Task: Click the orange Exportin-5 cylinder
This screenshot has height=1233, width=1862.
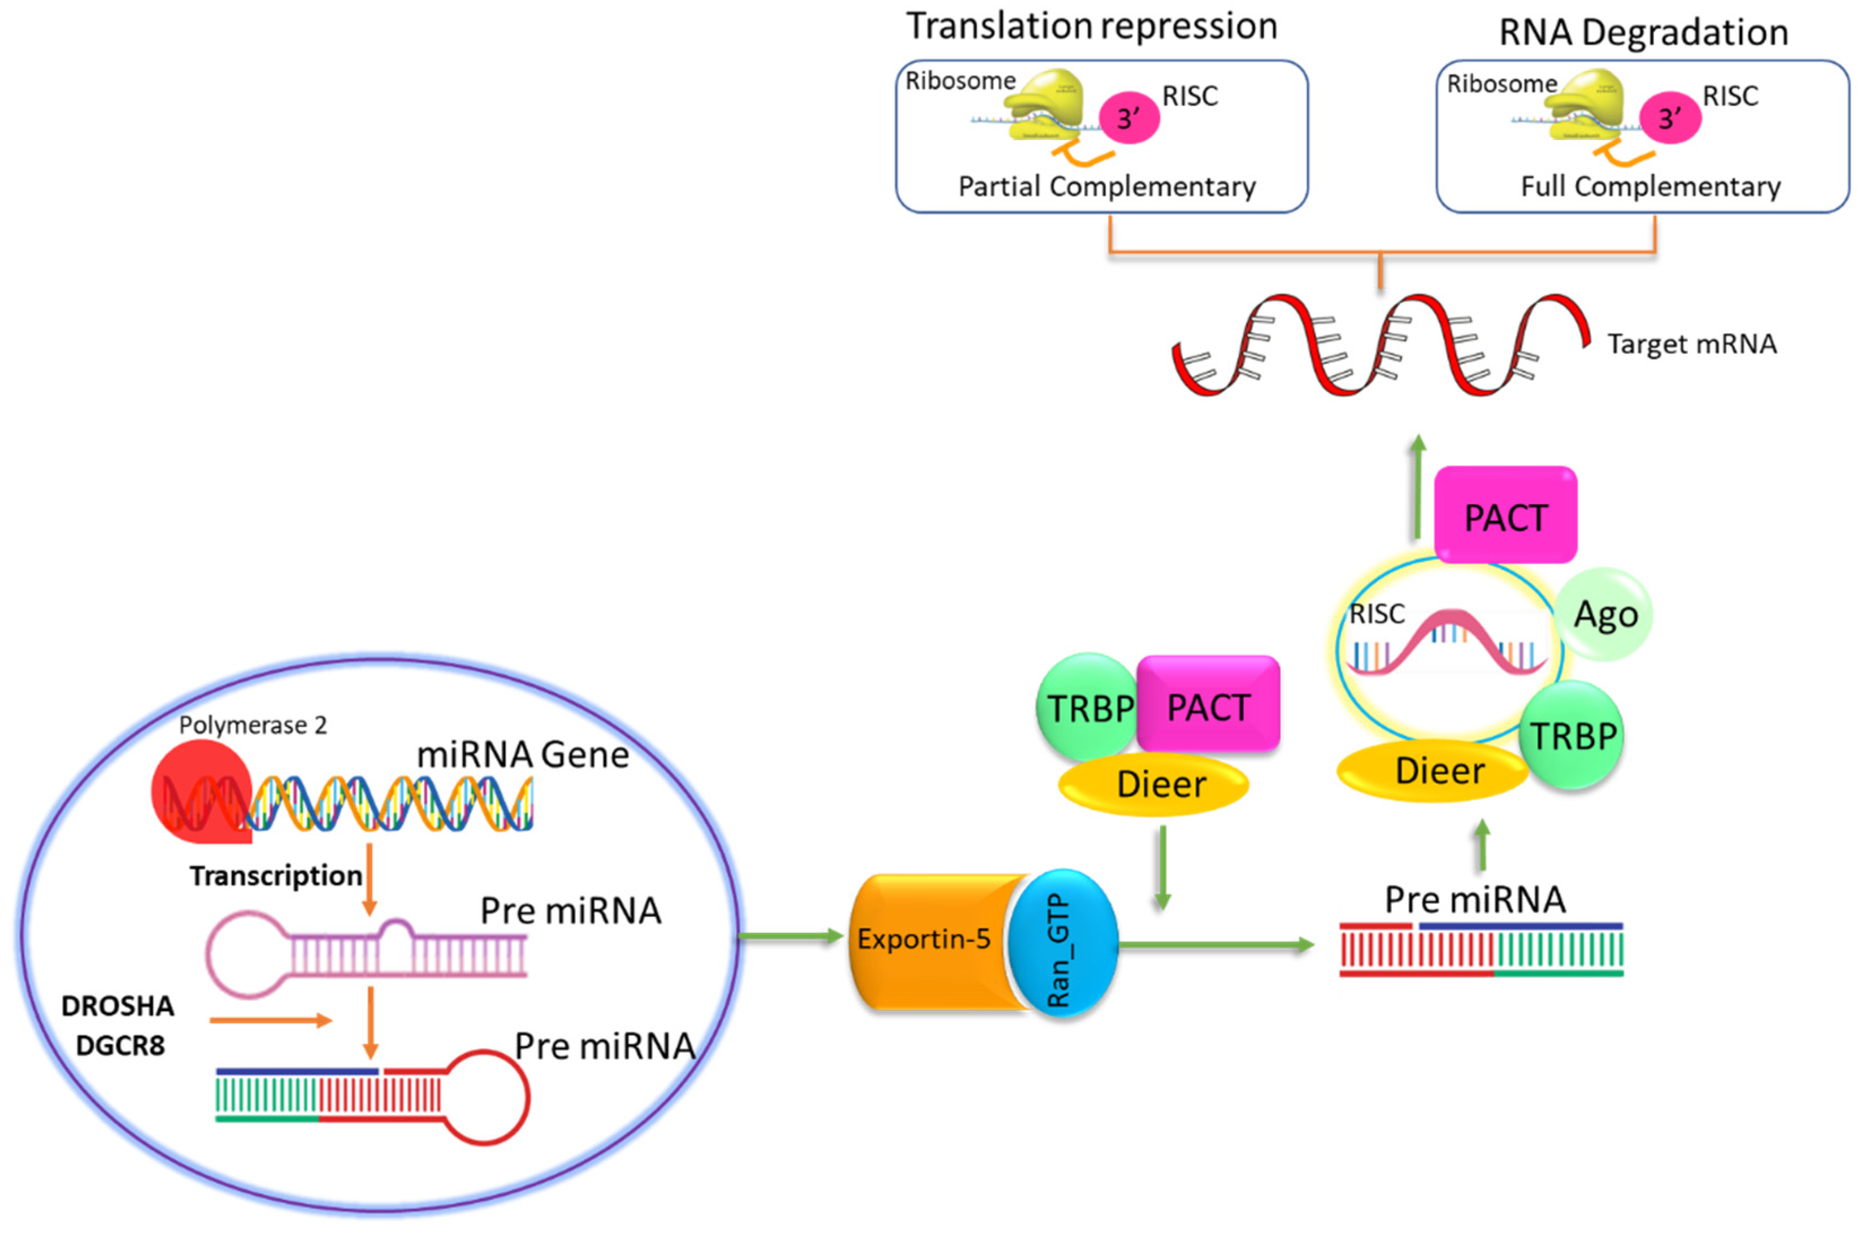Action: tap(928, 940)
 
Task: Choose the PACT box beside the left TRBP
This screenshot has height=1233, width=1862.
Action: tap(1208, 705)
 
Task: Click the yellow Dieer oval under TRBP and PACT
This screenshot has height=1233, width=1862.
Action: tap(1153, 784)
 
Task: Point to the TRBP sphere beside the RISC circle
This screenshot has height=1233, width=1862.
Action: tap(1571, 735)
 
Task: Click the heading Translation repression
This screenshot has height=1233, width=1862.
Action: tap(1091, 26)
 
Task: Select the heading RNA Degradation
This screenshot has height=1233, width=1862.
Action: tap(1643, 33)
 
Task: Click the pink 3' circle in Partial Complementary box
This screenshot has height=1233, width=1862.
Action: tap(1129, 118)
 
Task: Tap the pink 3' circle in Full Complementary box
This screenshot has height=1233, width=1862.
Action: tap(1669, 118)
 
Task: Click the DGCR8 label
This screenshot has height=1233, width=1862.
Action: tap(120, 1046)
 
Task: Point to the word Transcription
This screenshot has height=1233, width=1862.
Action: tap(275, 875)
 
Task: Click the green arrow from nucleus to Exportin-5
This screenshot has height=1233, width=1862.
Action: tap(790, 936)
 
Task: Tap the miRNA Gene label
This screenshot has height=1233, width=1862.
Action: tap(523, 755)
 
